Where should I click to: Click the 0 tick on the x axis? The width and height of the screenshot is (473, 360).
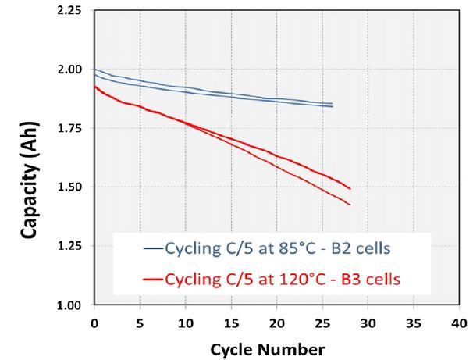[94, 321]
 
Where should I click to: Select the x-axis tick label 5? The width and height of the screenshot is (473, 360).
[140, 321]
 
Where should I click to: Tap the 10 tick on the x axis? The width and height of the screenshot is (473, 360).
[186, 321]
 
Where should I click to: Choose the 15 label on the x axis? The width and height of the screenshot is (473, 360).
[231, 321]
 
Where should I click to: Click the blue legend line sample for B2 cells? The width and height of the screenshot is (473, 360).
[152, 250]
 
